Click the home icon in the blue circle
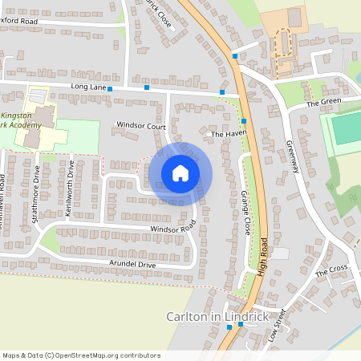(x=180, y=172)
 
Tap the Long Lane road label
(x=88, y=85)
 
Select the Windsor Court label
(x=140, y=126)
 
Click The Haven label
(x=226, y=135)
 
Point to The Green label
(x=323, y=103)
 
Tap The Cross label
(x=331, y=270)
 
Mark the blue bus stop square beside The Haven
(x=243, y=121)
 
